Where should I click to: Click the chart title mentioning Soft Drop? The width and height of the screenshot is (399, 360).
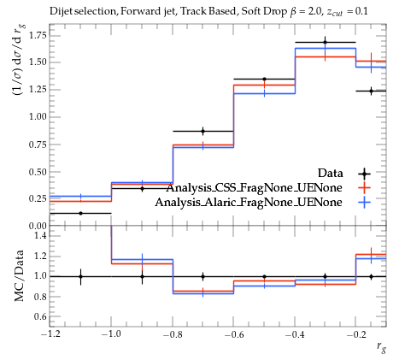click(208, 11)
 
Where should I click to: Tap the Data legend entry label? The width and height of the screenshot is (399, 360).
click(330, 173)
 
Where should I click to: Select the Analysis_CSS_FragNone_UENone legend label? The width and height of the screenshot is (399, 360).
click(255, 188)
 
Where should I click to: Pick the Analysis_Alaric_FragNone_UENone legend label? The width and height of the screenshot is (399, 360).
click(249, 203)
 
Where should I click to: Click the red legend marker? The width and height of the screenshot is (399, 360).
click(364, 188)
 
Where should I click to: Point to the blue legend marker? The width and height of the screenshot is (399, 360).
click(364, 203)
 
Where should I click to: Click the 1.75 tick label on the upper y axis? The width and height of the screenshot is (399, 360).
click(38, 35)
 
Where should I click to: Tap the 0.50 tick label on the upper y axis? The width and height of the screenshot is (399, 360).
click(38, 172)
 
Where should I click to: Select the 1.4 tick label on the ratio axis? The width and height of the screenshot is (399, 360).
click(41, 236)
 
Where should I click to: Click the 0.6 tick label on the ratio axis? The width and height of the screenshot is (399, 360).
click(41, 316)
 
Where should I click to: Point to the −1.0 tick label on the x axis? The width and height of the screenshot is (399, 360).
click(111, 334)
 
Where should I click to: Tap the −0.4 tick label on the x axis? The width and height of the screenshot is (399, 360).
click(295, 334)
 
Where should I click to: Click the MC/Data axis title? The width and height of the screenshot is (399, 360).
click(19, 276)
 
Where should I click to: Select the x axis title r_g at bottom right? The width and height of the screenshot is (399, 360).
click(382, 347)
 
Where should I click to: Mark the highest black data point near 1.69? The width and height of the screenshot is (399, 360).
click(325, 43)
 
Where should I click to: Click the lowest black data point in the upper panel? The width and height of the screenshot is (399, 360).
click(80, 213)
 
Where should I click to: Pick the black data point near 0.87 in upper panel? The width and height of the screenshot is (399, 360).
click(202, 131)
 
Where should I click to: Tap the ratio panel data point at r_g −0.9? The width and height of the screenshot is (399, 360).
click(142, 276)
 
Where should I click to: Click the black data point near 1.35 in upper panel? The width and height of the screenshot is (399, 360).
click(264, 79)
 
